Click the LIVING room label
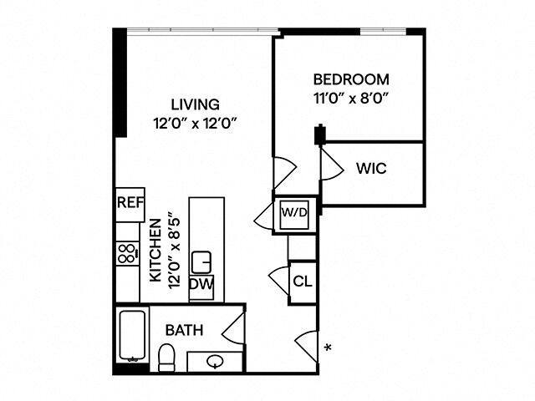pos(195,105)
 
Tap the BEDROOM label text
pos(351,80)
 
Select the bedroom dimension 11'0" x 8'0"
pos(351,97)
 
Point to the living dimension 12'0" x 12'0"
pos(195,123)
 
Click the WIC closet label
pos(370,168)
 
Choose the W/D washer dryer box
pos(294,213)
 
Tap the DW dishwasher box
pos(201,285)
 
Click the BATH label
pos(183,330)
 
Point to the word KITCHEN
pos(155,251)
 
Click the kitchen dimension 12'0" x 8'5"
pos(174,251)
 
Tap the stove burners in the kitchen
pos(127,253)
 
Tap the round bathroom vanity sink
pos(215,363)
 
